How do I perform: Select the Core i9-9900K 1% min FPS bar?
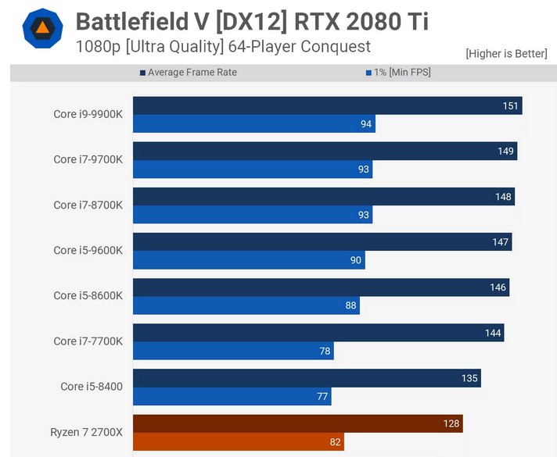pos(253,124)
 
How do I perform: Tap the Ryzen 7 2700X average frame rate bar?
pos(297,423)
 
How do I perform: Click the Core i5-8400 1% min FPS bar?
pos(232,397)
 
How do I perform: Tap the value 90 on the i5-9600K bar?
pos(355,260)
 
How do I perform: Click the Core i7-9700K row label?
pos(88,159)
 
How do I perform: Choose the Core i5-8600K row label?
pos(88,296)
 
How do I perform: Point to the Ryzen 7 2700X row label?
pos(86,432)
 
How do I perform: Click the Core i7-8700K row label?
pos(88,205)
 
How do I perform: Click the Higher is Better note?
pos(507,53)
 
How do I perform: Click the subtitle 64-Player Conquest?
pos(302,47)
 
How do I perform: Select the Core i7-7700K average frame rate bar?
pos(318,333)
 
